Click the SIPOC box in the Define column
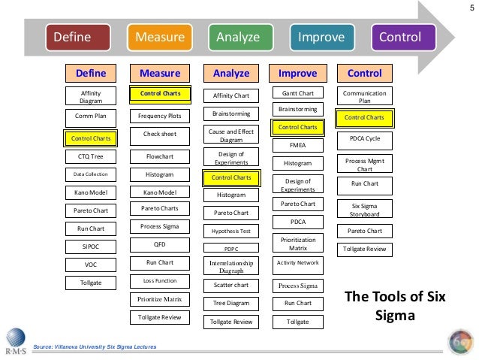pos(91,246)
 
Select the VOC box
pos(91,265)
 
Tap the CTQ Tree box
pos(91,156)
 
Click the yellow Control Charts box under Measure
pos(160,94)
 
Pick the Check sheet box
pos(160,134)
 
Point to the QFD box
pos(160,244)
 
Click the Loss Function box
pos(160,280)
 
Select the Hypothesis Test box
pos(231,231)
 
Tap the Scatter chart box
pos(231,285)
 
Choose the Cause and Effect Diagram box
pos(231,135)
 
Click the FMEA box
pos(297,144)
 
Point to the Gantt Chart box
pos(297,93)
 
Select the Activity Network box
pos(297,262)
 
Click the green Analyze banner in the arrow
pos(238,38)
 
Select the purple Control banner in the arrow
pos(400,38)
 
